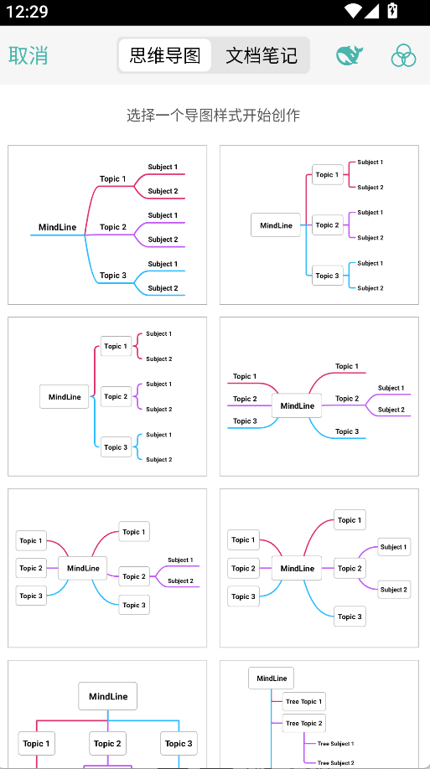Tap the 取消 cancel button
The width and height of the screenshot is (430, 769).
(28, 55)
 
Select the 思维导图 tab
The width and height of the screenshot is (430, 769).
(165, 55)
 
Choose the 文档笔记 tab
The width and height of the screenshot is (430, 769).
(262, 55)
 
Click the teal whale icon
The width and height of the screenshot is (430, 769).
(349, 55)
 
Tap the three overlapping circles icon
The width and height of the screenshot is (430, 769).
(403, 55)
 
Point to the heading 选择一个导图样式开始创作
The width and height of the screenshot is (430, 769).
(214, 116)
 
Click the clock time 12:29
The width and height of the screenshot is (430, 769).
(27, 11)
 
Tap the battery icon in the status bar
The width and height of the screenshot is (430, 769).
(392, 11)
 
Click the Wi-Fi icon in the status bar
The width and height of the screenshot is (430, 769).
(353, 11)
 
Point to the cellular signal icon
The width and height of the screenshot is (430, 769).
(371, 11)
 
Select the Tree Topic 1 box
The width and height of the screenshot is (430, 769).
(303, 701)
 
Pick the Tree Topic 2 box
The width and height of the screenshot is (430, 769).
(303, 724)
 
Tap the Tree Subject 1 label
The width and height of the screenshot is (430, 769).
(336, 744)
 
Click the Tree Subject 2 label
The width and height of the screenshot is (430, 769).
(336, 763)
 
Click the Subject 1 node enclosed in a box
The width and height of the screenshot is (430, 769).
(394, 547)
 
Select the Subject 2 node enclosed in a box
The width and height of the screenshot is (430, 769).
(394, 590)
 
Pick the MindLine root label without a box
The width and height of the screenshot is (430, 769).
(58, 227)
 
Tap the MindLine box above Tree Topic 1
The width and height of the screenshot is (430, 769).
(272, 679)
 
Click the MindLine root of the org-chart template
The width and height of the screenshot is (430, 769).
(108, 696)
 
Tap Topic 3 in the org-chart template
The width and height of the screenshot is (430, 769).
(179, 744)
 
